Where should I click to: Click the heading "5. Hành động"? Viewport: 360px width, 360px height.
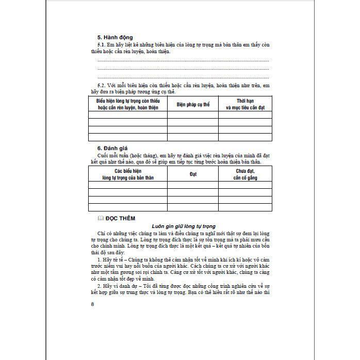pyautogui.click(x=115, y=38)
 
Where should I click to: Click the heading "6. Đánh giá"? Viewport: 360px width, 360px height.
pyautogui.click(x=113, y=148)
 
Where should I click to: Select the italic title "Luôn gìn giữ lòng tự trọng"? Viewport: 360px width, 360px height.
pyautogui.click(x=183, y=226)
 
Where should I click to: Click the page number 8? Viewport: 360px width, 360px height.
pyautogui.click(x=92, y=303)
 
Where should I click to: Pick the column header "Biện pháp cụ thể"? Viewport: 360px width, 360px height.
pyautogui.click(x=193, y=104)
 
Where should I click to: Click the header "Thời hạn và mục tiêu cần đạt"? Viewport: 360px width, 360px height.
pyautogui.click(x=245, y=104)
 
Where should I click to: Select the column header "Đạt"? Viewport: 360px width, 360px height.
pyautogui.click(x=193, y=174)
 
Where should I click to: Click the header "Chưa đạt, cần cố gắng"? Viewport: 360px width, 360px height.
pyautogui.click(x=245, y=174)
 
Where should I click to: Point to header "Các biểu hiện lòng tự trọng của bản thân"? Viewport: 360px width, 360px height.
pyautogui.click(x=128, y=174)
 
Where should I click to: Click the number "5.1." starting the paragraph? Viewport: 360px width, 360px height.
pyautogui.click(x=102, y=45)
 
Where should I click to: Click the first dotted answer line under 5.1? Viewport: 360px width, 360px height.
pyautogui.click(x=183, y=60)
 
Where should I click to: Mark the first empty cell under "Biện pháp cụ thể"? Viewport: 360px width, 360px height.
pyautogui.click(x=193, y=115)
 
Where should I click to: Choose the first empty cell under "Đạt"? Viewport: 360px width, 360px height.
pyautogui.click(x=193, y=185)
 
